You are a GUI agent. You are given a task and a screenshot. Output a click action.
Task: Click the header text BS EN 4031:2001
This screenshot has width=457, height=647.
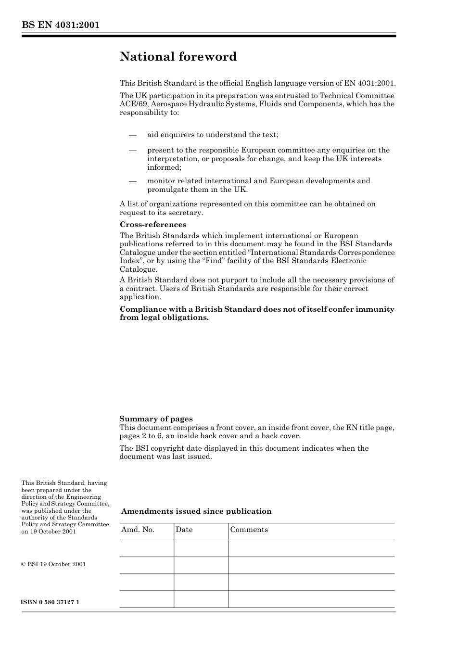click(x=60, y=25)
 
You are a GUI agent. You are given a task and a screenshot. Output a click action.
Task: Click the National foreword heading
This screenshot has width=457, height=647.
click(x=178, y=57)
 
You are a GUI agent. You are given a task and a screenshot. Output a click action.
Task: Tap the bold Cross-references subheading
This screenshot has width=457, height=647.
click(x=152, y=225)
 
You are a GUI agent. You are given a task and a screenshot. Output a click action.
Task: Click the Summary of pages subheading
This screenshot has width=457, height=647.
click(x=156, y=419)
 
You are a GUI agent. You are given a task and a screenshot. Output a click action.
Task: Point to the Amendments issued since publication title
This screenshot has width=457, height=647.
click(x=196, y=511)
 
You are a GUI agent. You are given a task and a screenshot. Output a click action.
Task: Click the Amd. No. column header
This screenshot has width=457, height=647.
click(x=138, y=530)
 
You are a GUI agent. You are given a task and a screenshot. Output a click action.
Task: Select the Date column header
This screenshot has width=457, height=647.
click(x=184, y=530)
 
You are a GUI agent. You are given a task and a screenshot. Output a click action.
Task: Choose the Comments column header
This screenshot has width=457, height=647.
click(x=249, y=530)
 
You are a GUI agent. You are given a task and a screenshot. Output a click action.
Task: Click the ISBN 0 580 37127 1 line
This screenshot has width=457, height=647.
click(x=50, y=602)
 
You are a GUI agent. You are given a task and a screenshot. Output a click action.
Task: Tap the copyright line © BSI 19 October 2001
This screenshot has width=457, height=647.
click(x=53, y=564)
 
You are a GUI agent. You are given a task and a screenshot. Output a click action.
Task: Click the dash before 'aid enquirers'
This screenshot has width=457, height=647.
click(x=133, y=135)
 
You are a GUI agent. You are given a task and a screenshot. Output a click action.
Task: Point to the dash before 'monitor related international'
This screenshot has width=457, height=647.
click(x=133, y=181)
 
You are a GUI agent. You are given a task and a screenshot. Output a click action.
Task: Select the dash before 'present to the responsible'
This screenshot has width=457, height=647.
click(x=133, y=151)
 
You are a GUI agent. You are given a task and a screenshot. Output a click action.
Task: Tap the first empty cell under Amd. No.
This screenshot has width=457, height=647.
click(x=146, y=548)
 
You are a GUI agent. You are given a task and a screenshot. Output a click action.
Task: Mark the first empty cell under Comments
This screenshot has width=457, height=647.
click(x=311, y=548)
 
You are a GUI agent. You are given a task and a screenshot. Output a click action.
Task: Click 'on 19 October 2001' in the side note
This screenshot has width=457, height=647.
click(x=49, y=532)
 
